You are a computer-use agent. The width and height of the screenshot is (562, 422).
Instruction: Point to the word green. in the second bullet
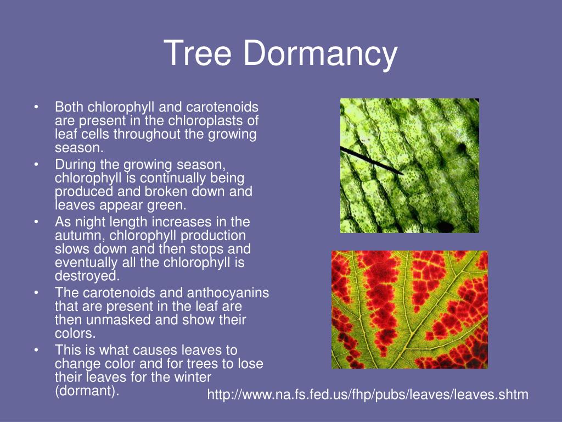click(x=168, y=206)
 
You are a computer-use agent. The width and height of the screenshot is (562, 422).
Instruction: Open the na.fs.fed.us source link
click(x=367, y=394)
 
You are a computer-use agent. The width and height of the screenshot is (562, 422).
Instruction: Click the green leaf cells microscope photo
click(x=409, y=165)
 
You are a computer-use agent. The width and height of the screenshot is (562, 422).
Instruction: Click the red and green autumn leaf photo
click(x=409, y=309)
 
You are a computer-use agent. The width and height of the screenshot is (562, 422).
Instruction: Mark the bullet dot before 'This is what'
click(x=36, y=351)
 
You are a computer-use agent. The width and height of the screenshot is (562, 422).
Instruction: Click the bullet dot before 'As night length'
click(x=36, y=222)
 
